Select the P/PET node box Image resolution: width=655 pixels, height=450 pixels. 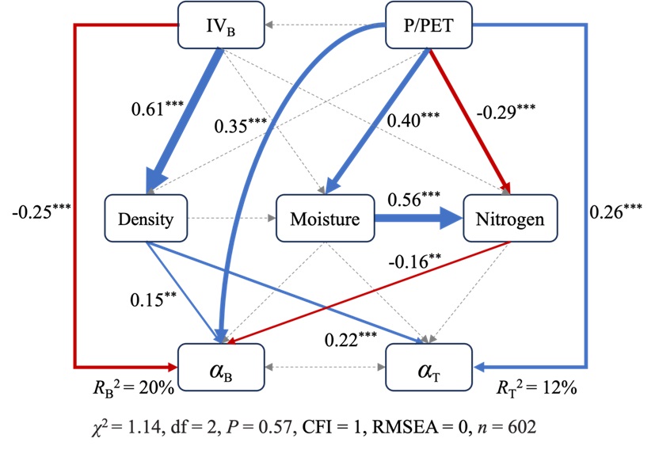pos(427,23)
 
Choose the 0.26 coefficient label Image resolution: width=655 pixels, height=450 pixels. pos(619,212)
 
